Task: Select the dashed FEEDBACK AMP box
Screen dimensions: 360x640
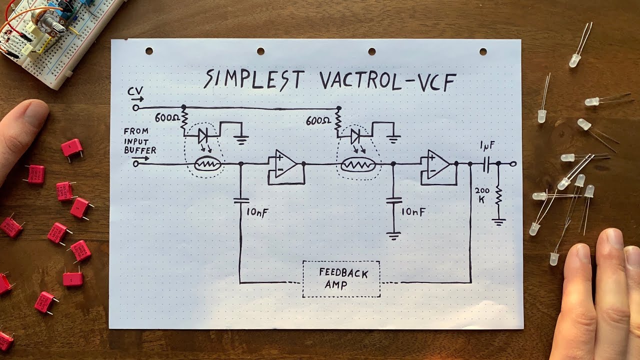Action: coord(341,279)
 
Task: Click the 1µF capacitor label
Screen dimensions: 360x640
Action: coord(487,146)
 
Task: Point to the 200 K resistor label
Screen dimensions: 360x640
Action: coord(482,195)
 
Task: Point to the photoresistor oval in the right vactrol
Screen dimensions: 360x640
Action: coord(359,164)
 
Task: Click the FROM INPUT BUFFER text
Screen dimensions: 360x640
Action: coord(139,140)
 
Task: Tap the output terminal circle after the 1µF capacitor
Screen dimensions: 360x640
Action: coord(513,163)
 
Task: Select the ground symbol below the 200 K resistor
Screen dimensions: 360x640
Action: coord(498,221)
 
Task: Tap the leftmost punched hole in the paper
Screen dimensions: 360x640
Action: coord(149,51)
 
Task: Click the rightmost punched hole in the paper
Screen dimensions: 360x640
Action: coord(483,51)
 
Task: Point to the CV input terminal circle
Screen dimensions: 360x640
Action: coord(135,107)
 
